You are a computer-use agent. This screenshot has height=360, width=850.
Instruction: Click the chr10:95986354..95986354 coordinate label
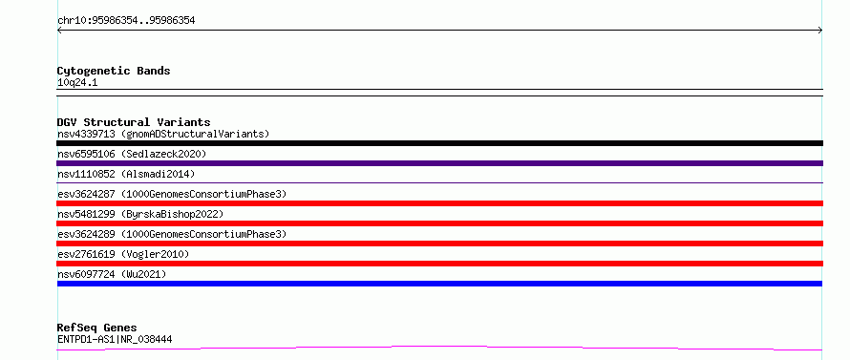click(x=126, y=21)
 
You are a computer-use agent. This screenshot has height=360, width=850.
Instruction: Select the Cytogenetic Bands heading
click(x=114, y=71)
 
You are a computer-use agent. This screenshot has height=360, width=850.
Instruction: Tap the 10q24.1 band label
click(x=77, y=83)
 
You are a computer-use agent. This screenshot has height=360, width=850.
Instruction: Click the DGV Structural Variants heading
click(x=134, y=122)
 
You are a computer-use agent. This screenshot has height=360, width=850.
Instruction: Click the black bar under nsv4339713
click(x=439, y=143)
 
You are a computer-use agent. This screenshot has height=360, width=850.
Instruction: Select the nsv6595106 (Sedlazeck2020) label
click(x=132, y=154)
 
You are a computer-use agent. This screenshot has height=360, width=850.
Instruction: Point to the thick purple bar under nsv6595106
click(x=439, y=163)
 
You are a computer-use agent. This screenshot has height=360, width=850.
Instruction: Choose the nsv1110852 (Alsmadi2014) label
click(x=126, y=174)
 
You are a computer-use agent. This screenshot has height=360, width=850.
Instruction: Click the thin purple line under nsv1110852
click(x=439, y=182)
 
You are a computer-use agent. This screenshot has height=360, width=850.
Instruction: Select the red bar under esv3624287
click(x=439, y=203)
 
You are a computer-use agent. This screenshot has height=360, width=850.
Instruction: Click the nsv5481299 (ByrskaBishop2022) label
click(x=140, y=214)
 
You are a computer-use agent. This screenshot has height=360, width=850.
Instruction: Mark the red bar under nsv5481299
click(x=439, y=223)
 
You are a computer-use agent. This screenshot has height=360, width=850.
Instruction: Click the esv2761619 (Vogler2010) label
click(x=123, y=254)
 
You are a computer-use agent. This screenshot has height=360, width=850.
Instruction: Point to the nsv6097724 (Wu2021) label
click(x=112, y=274)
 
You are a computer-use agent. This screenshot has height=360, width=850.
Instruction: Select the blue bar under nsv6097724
click(x=439, y=284)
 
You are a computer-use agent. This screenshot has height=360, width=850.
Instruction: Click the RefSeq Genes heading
click(x=96, y=328)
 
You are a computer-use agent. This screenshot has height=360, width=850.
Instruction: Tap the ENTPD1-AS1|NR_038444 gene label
click(x=115, y=340)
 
